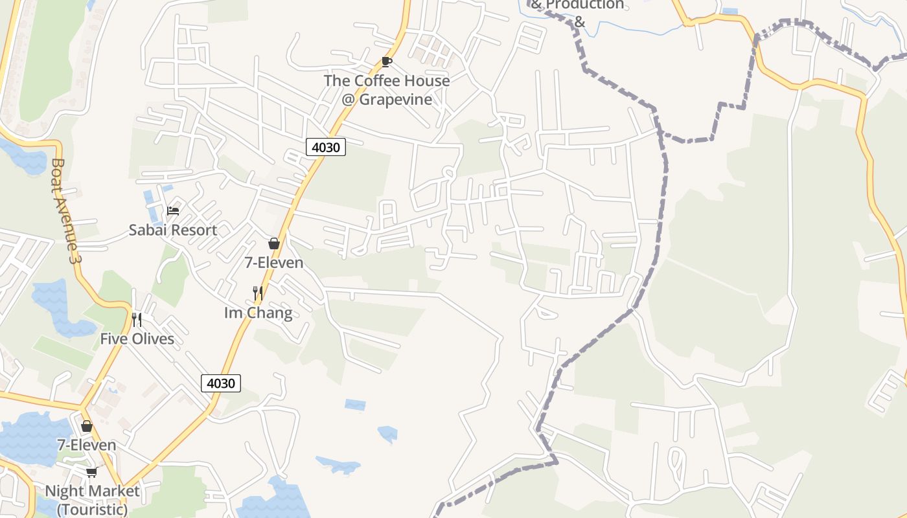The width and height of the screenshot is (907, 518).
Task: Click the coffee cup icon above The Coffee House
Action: click(387, 62)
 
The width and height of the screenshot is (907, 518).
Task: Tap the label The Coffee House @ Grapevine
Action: click(387, 90)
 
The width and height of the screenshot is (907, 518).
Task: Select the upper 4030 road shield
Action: click(326, 147)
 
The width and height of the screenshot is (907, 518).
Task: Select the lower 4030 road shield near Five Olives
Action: click(221, 383)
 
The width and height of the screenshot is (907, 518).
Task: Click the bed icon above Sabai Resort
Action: click(172, 210)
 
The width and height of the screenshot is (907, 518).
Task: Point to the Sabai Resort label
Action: click(172, 230)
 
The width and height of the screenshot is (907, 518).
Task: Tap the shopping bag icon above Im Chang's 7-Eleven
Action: click(274, 243)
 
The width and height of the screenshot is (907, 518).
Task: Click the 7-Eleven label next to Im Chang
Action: click(274, 262)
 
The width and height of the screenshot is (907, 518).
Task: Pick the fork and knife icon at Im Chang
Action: click(258, 293)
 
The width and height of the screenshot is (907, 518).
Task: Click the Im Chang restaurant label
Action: click(258, 313)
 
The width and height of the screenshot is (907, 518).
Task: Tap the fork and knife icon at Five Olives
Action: click(137, 319)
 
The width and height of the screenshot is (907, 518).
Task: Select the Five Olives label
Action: click(137, 339)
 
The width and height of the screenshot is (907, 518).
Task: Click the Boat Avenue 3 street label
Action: click(65, 210)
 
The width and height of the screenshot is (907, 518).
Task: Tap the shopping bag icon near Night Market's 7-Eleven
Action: click(87, 426)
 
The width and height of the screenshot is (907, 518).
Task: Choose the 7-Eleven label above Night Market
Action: click(87, 445)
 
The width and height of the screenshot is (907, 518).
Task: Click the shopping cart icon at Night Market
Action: click(91, 472)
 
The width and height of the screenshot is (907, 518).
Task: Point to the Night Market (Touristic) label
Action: click(92, 499)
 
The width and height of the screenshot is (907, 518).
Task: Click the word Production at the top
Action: click(584, 5)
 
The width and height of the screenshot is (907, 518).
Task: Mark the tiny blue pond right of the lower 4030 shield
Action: click(355, 405)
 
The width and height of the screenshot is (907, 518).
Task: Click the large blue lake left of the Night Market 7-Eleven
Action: click(29, 437)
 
